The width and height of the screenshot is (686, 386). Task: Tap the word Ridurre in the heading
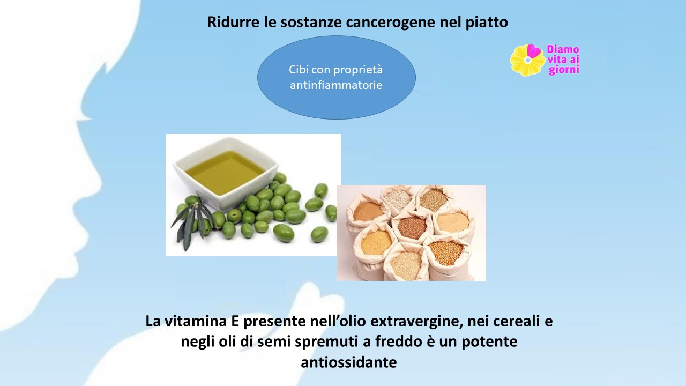[x=233, y=22]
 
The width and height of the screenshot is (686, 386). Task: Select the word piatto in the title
[x=487, y=23]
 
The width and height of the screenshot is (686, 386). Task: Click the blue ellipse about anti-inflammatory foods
[x=336, y=77]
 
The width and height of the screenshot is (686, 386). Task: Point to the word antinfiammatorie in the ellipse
[x=336, y=85]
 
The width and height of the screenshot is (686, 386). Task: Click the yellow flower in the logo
[x=527, y=60]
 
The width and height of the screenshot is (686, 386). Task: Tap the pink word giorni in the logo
[x=564, y=70]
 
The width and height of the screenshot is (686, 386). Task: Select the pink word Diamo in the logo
[x=563, y=49]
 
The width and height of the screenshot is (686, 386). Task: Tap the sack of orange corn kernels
[x=445, y=254]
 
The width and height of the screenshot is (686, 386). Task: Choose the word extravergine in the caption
[x=416, y=321]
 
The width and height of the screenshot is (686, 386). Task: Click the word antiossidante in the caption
[x=349, y=362]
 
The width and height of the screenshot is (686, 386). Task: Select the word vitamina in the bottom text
[x=196, y=321]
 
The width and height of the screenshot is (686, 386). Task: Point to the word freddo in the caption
[x=398, y=342]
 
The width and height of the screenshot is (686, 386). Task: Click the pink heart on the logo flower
[x=533, y=51]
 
